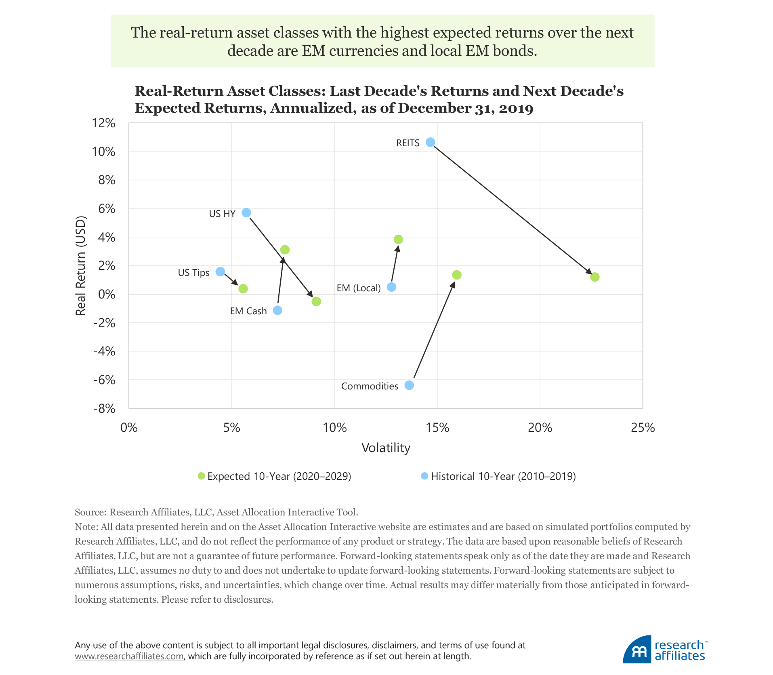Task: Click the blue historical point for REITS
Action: coord(431,142)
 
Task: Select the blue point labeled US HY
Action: coord(246,212)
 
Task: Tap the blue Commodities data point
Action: coord(409,385)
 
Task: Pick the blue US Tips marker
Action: coord(220,271)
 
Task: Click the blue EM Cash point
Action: coord(277,310)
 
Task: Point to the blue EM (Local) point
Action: coord(391,287)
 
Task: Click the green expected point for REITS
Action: coord(594,277)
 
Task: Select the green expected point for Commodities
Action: coord(456,275)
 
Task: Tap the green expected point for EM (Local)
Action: coord(398,240)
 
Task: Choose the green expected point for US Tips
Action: coord(243,288)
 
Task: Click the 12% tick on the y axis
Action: coord(104,123)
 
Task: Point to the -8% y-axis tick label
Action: coord(104,408)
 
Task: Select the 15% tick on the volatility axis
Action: coord(437,427)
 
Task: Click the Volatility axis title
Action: coord(386,448)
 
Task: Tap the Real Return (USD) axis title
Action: coord(81,266)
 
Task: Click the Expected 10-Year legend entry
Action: coord(275,476)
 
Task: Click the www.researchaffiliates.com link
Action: coord(129,656)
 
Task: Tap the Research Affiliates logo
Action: coord(665,649)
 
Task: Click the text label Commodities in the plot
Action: coord(370,386)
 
